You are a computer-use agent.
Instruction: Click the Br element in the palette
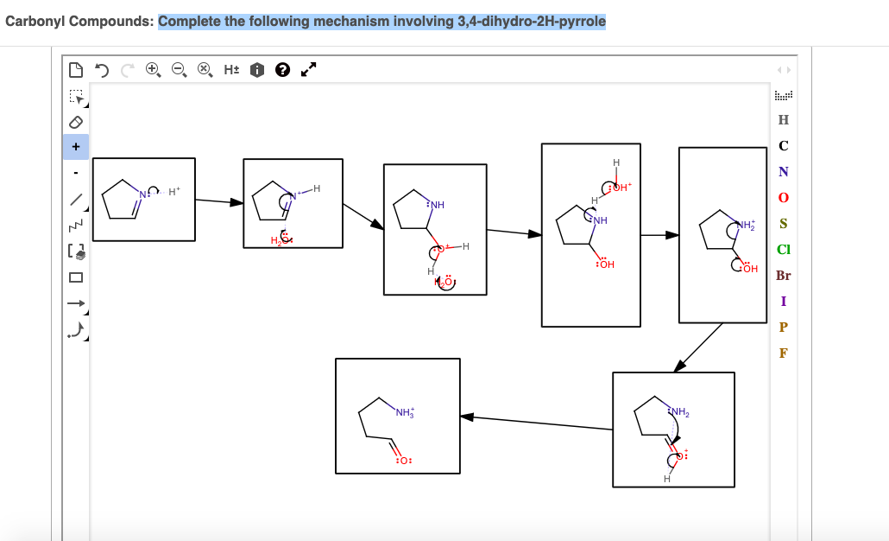click(783, 277)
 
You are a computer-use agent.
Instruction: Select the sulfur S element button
click(783, 224)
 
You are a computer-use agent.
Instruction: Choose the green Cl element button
click(783, 250)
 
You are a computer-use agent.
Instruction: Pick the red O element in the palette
click(783, 198)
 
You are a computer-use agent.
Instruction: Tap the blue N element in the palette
click(783, 171)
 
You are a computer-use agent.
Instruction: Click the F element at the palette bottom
click(783, 353)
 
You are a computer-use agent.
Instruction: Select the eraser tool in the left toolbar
click(75, 122)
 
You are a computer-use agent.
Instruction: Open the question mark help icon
click(281, 69)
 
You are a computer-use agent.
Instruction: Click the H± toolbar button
click(231, 69)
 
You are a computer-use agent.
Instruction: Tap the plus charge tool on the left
click(75, 147)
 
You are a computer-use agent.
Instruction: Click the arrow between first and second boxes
click(219, 201)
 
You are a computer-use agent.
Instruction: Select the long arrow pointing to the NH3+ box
click(535, 422)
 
